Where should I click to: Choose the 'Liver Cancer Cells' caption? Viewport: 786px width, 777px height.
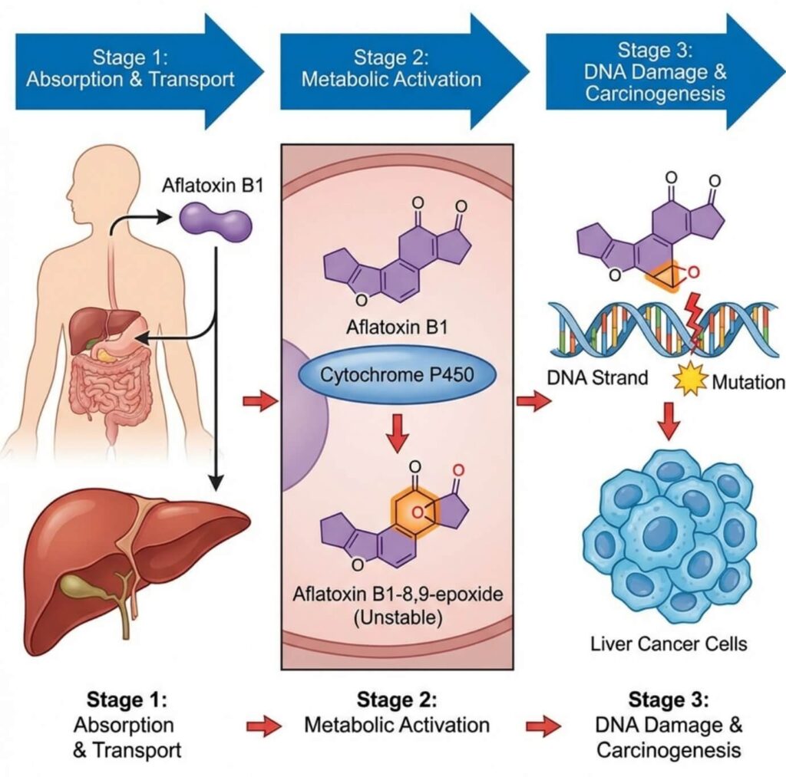coord(669,643)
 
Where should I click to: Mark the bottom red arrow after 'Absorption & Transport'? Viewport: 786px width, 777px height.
coord(263,726)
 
